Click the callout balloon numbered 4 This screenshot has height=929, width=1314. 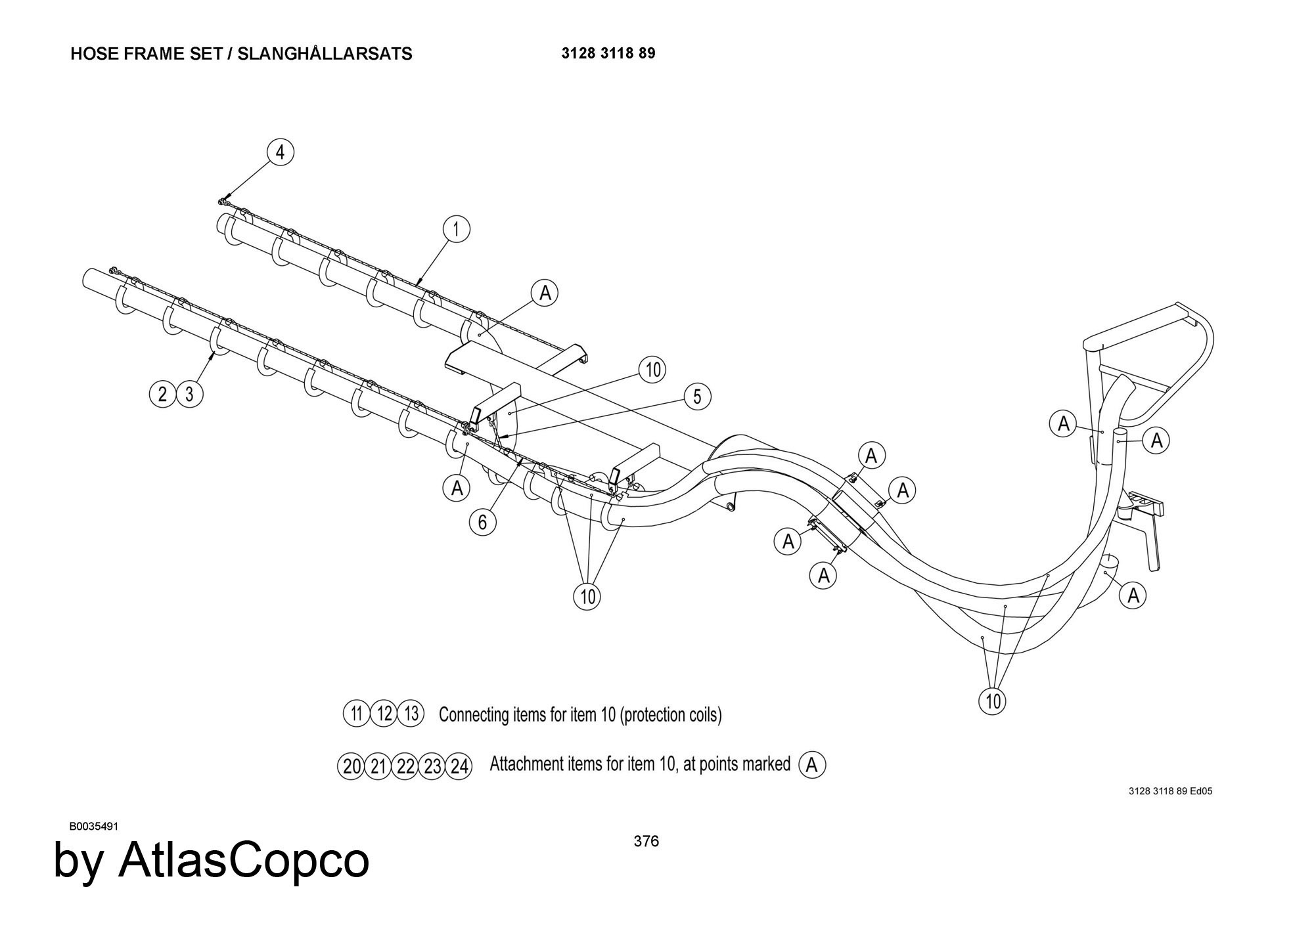[281, 152]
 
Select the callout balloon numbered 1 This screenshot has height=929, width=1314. [456, 229]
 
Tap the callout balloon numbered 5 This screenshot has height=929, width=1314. [697, 397]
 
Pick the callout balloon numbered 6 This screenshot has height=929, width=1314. [483, 522]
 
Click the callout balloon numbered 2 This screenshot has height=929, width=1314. [162, 394]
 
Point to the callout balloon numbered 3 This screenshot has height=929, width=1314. [190, 394]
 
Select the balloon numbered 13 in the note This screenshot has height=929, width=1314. [411, 713]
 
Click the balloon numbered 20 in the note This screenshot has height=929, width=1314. [351, 766]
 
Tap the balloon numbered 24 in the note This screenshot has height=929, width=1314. [459, 766]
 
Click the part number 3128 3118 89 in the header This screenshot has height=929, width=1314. [608, 53]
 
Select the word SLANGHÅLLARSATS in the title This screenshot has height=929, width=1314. [325, 54]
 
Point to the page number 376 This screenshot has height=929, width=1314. [646, 841]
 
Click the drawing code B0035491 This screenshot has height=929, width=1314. [94, 827]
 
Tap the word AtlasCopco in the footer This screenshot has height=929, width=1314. [243, 861]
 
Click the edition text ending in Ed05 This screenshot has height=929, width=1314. [1170, 791]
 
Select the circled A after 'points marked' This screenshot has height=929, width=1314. [812, 765]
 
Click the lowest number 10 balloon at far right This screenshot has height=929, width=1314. [993, 701]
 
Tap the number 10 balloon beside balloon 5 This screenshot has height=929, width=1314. [652, 370]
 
